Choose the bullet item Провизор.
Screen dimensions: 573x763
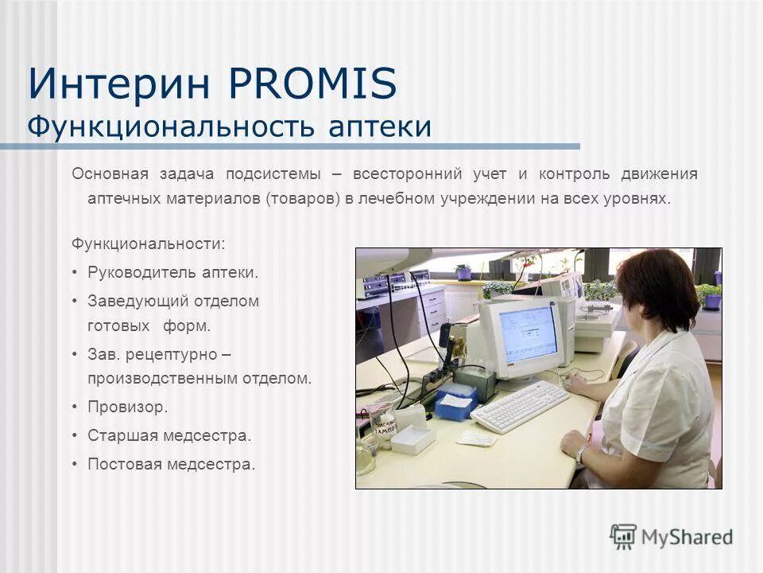pyautogui.click(x=128, y=407)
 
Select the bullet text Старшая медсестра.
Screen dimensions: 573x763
pyautogui.click(x=169, y=435)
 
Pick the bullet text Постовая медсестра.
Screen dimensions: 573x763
pyautogui.click(x=172, y=464)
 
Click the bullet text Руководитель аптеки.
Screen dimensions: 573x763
pyautogui.click(x=173, y=272)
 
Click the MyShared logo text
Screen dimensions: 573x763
pyautogui.click(x=687, y=537)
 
